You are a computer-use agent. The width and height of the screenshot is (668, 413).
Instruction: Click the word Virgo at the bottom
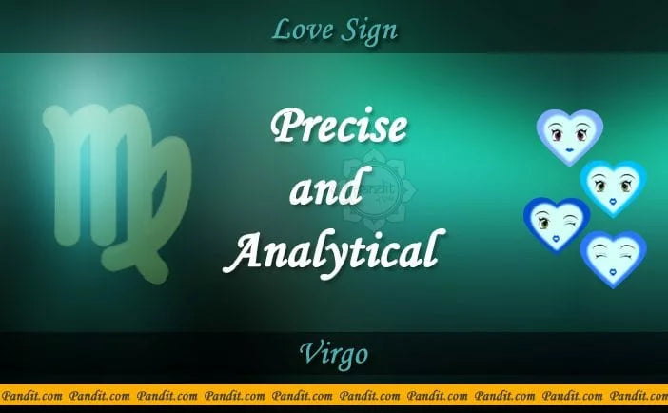point(334,356)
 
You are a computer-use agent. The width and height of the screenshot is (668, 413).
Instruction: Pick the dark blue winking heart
point(557,225)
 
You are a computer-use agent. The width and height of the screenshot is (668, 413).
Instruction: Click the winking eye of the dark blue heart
point(568,223)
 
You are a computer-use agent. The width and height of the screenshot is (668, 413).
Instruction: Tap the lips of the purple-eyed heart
point(569,150)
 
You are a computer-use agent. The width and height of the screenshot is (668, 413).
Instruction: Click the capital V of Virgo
point(310,355)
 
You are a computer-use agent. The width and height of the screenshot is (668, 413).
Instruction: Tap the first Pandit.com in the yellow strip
point(32,393)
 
